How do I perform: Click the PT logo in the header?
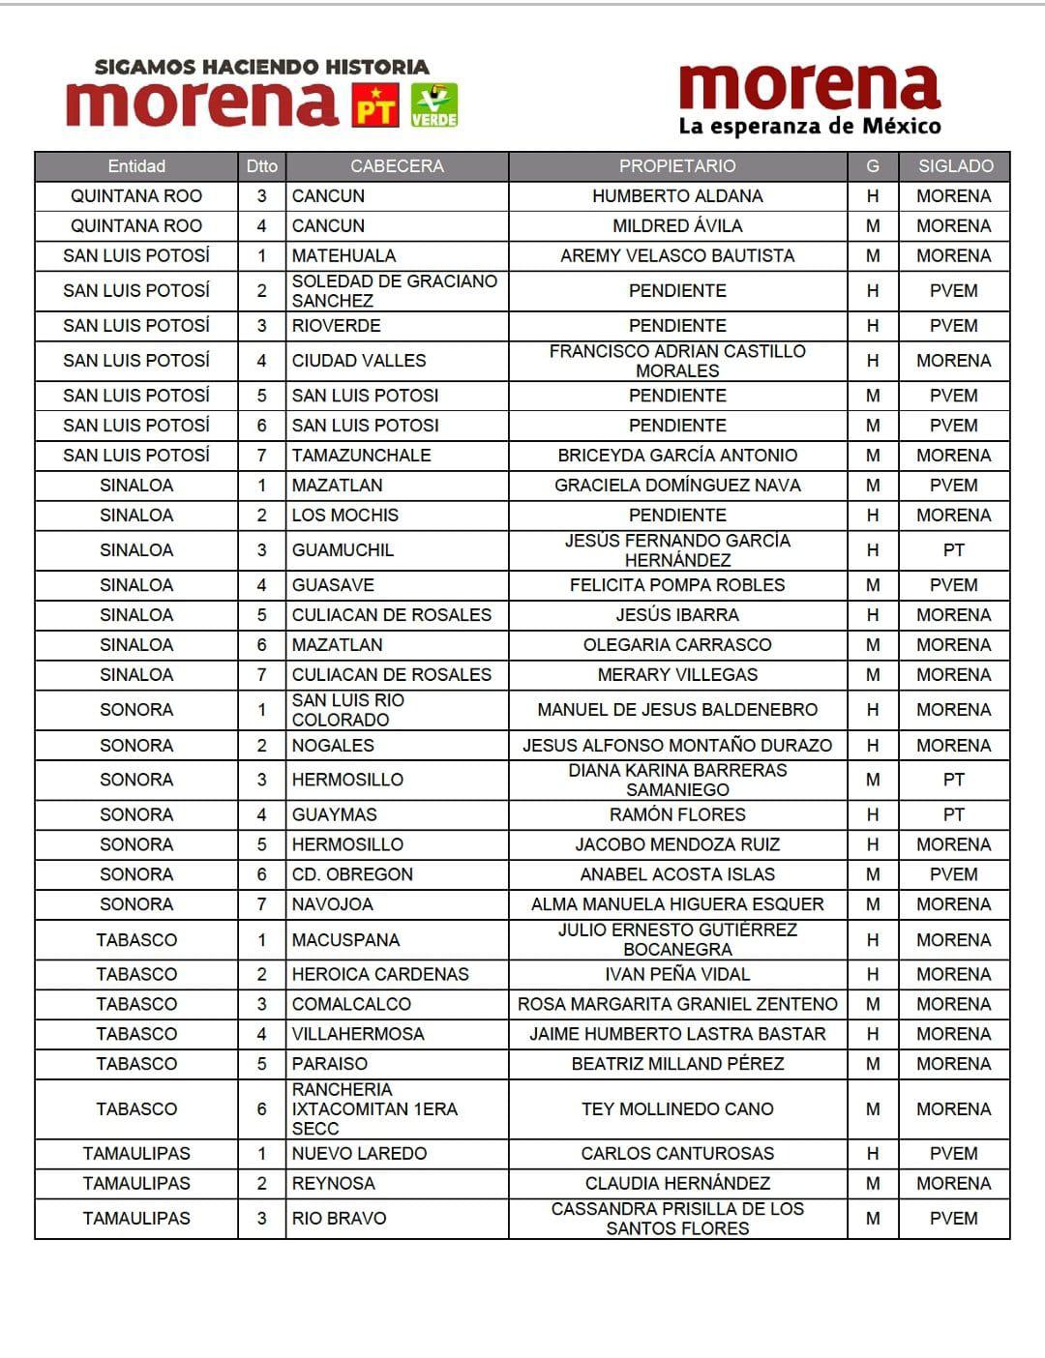[374, 104]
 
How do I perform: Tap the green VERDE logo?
[434, 104]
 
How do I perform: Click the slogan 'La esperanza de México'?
[809, 127]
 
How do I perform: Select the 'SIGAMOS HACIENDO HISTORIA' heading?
[261, 67]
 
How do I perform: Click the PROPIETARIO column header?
[677, 166]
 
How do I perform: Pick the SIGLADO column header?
[955, 166]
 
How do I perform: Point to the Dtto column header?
[261, 166]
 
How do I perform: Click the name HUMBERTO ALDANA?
[677, 196]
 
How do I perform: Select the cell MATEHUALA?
[343, 256]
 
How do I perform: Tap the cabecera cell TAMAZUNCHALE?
[361, 456]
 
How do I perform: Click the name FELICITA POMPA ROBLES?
[677, 585]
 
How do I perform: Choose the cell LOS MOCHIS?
[344, 516]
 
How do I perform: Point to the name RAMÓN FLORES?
[677, 815]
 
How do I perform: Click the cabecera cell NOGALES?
[333, 746]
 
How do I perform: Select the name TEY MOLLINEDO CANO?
[677, 1109]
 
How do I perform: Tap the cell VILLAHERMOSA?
[358, 1034]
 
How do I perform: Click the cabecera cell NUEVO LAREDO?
[359, 1154]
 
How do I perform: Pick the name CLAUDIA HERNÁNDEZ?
[677, 1184]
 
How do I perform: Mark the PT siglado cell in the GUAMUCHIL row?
[954, 550]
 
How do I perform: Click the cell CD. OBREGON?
[352, 874]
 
